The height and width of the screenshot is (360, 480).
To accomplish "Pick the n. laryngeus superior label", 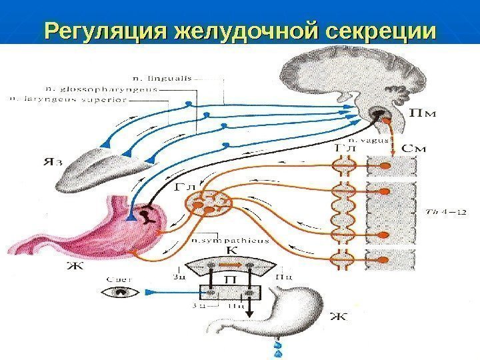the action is coord(67,99).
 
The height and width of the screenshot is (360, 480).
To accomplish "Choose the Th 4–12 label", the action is coord(443,213).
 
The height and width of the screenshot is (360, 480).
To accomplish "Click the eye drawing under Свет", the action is coord(121,293).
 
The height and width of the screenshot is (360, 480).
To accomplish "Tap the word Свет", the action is coord(121,280).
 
